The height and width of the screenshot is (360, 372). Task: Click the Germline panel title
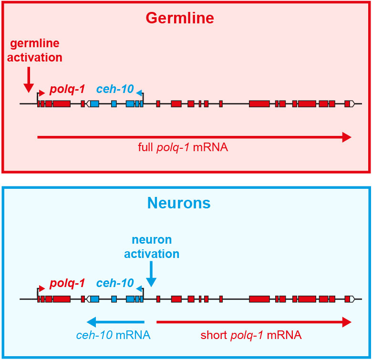tap(180, 18)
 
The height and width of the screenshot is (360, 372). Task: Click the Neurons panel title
tap(179, 203)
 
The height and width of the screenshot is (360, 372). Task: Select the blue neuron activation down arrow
tap(151, 275)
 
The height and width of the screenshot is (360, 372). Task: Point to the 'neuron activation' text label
tap(152, 247)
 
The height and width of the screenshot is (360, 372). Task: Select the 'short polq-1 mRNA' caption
tap(251, 335)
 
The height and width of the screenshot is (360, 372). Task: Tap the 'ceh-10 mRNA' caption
tap(113, 335)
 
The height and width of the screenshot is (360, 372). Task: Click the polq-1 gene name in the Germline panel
tap(67, 89)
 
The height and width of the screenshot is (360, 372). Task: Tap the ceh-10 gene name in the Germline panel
tap(115, 89)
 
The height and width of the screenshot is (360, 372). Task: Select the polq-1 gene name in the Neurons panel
tap(67, 283)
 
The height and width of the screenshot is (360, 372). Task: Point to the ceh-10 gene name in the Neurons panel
tap(115, 283)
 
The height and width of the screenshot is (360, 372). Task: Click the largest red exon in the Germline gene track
tap(259, 103)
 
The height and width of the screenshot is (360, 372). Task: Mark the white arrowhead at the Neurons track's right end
tap(352, 299)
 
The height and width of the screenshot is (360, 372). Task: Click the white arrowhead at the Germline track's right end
tap(352, 103)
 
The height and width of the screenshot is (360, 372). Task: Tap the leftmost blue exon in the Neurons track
tap(94, 299)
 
